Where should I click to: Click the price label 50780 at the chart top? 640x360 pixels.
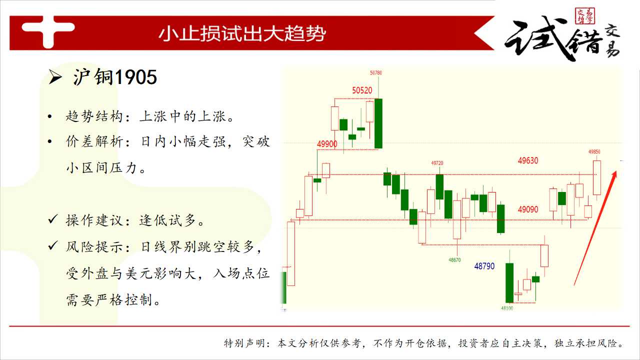375,73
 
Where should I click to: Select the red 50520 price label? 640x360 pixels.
362,90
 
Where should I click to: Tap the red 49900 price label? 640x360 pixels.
327,144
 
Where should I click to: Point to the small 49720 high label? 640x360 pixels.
437,163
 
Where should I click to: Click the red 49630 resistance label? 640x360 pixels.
528,160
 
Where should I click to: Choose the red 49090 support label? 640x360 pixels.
528,209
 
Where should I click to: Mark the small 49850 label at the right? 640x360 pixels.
594,151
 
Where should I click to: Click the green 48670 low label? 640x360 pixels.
454,260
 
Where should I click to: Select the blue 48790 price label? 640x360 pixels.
484,266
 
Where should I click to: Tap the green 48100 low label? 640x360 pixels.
507,308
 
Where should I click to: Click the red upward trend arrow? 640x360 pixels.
595,228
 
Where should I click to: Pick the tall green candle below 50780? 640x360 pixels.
378,123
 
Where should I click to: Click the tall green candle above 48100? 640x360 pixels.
509,283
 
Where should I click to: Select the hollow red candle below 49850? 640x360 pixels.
597,177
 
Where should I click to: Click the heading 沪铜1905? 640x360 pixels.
115,77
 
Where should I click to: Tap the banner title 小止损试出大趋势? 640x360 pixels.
242,33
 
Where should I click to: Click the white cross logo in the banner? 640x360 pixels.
48,32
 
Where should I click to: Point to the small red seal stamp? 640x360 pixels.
585,16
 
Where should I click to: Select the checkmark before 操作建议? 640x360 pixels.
53,219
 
